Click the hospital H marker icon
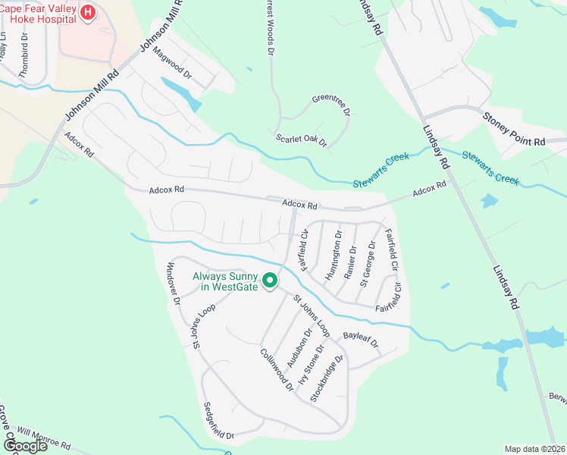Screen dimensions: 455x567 [88, 13]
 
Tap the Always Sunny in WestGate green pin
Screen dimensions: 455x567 [269, 283]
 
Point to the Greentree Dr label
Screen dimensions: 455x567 [331, 106]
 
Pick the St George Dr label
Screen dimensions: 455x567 [368, 263]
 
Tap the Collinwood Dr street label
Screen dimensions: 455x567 [276, 369]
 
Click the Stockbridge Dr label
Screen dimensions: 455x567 [328, 378]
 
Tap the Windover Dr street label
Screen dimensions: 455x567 [171, 283]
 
